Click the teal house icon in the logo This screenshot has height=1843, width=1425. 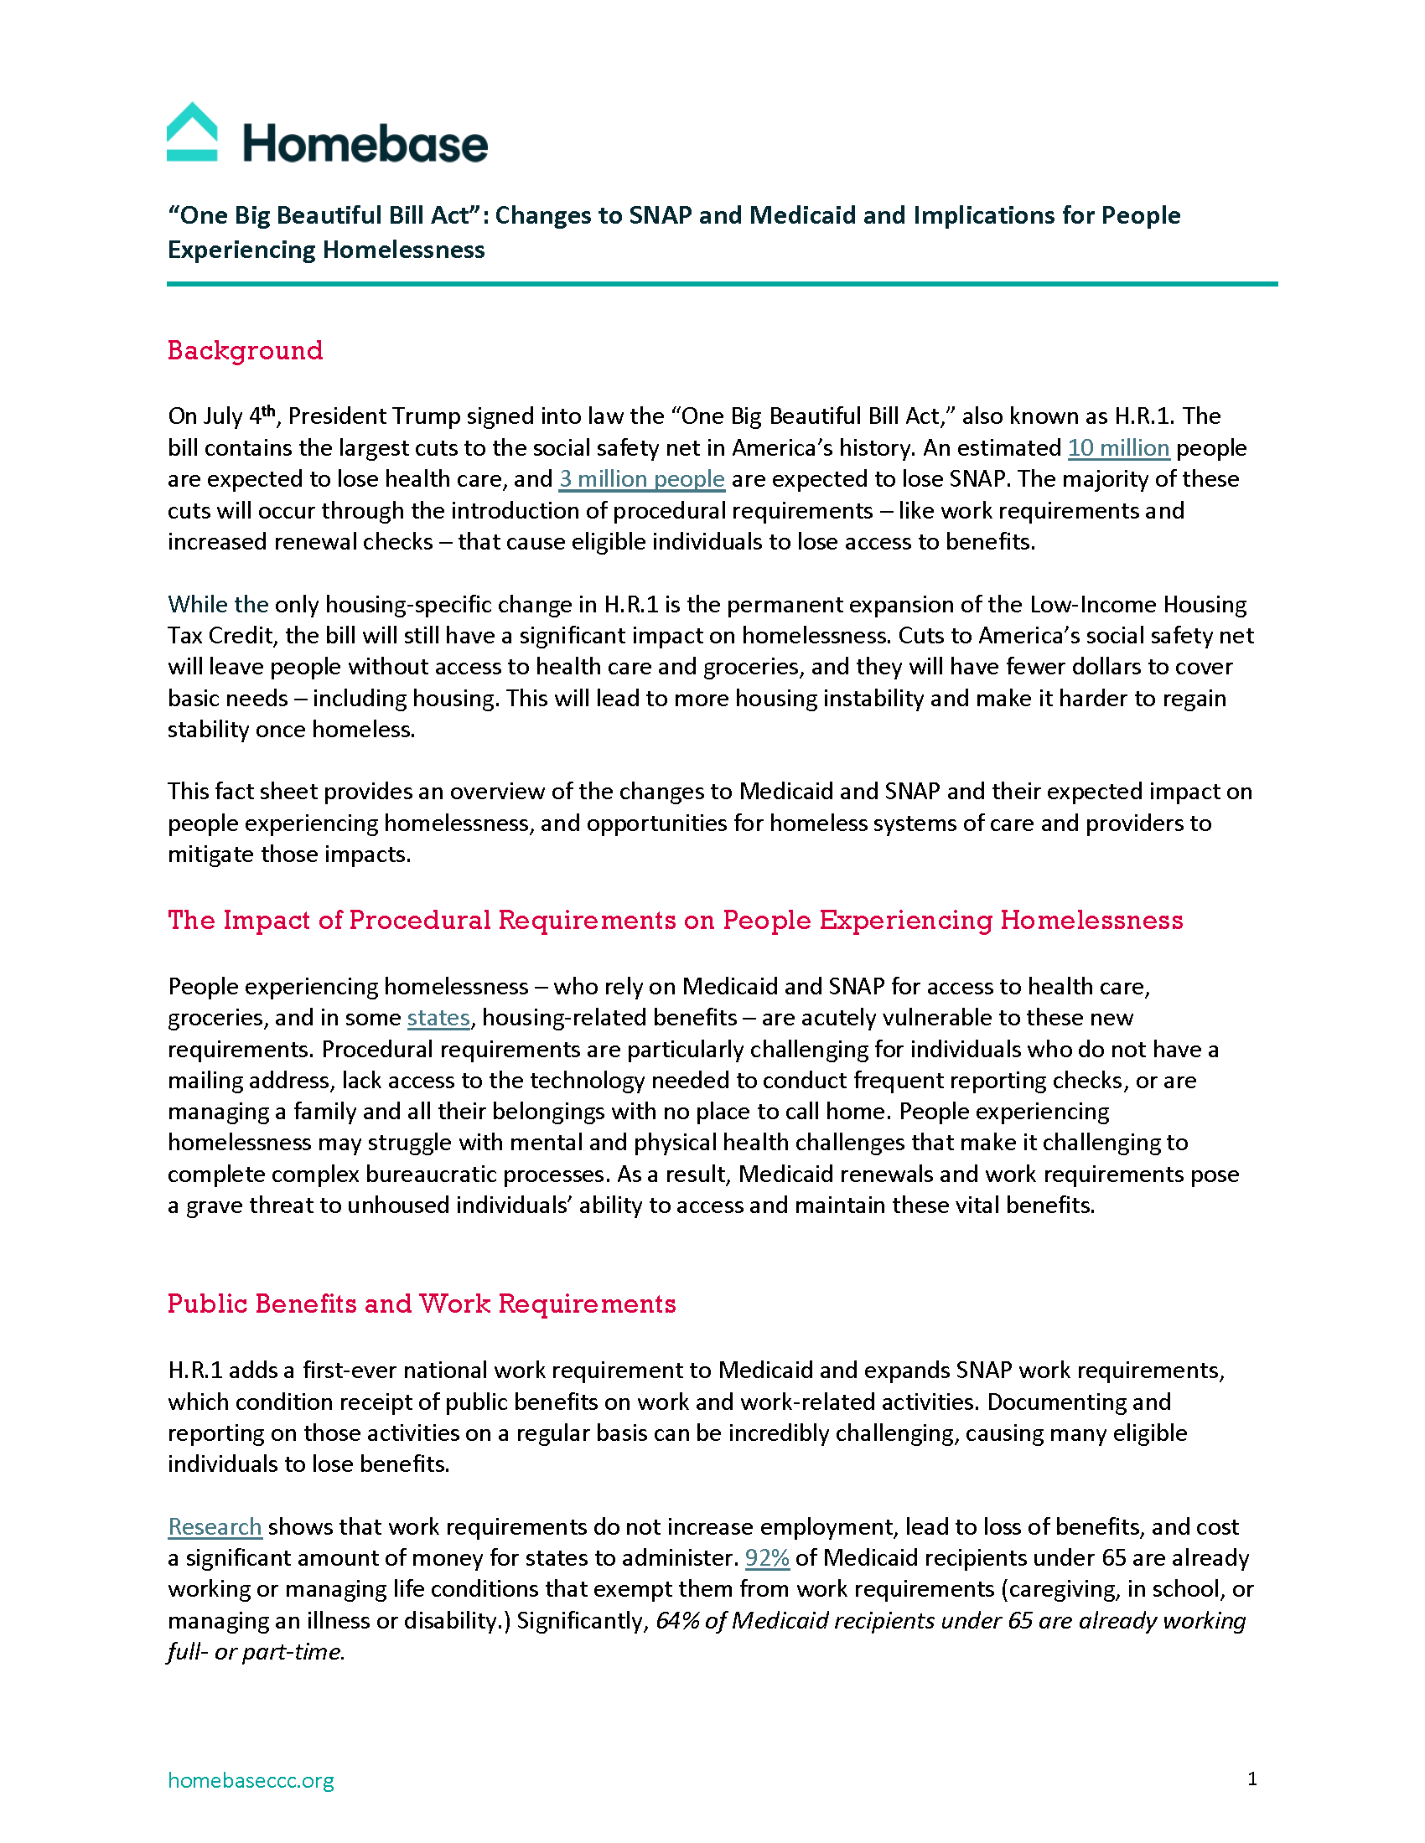[193, 132]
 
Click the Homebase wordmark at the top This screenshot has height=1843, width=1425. [365, 143]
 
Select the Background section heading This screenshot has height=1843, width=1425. [245, 350]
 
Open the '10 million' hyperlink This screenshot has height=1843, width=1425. [1117, 447]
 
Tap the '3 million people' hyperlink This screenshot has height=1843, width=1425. [641, 478]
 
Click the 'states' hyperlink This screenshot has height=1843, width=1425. [438, 1018]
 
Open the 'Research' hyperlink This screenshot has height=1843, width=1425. [215, 1526]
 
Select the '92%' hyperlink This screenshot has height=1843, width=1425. [766, 1558]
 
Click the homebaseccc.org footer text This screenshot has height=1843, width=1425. [251, 1779]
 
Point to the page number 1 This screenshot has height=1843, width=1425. [1252, 1778]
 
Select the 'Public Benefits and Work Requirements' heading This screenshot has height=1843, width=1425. [422, 1304]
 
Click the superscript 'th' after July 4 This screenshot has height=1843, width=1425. [268, 411]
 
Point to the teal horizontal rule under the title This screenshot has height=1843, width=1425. [722, 284]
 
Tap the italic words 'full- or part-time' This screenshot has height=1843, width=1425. [255, 1651]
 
